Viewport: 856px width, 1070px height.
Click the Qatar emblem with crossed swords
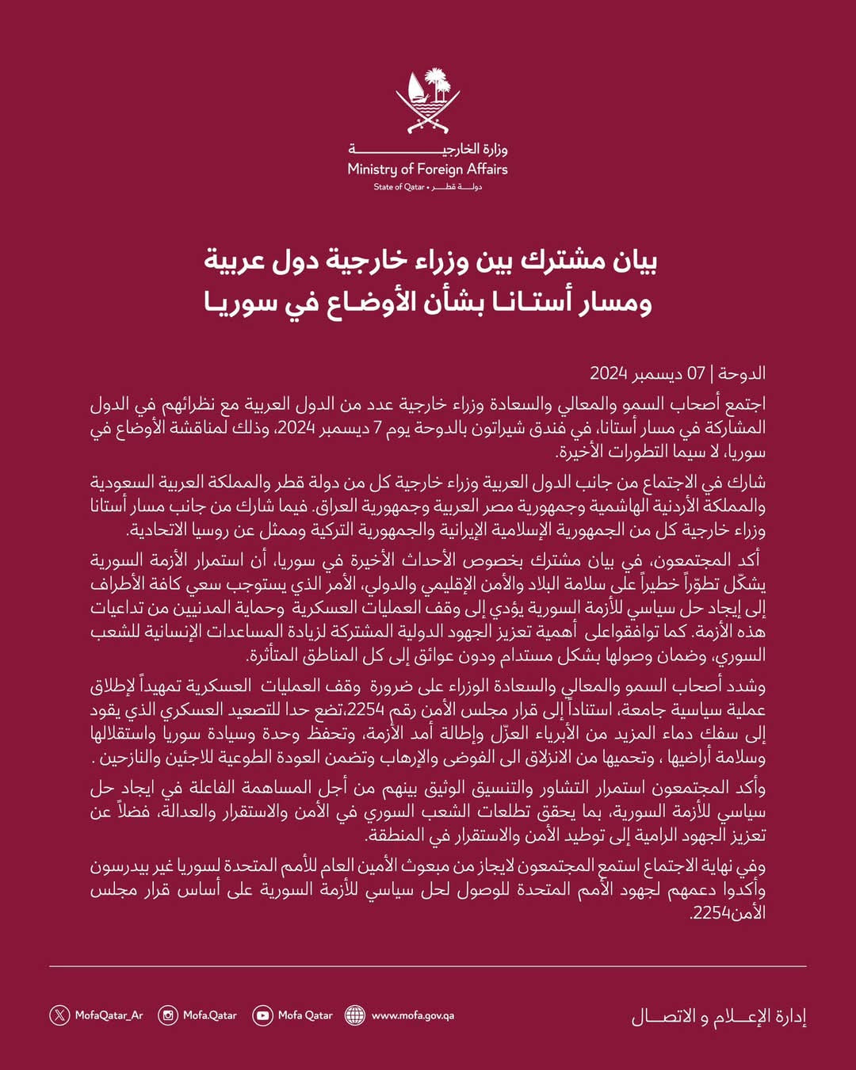428,101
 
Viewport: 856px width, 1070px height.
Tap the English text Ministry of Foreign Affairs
428,169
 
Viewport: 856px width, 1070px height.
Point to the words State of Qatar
399,187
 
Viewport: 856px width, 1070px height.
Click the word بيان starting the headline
634,261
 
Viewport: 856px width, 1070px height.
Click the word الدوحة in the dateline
742,373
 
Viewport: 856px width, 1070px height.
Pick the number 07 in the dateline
696,373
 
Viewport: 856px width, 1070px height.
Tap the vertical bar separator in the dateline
712,373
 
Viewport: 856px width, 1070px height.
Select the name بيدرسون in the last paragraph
120,866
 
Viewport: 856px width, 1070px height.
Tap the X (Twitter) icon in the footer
59,1015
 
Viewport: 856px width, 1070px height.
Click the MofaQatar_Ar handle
109,1015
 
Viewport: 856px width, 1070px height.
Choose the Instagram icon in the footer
168,1015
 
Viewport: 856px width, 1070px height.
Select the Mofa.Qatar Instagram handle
210,1015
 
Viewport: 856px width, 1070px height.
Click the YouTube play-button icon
262,1015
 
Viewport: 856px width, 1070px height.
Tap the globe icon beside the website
355,1015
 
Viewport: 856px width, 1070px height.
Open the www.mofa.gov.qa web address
412,1015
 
